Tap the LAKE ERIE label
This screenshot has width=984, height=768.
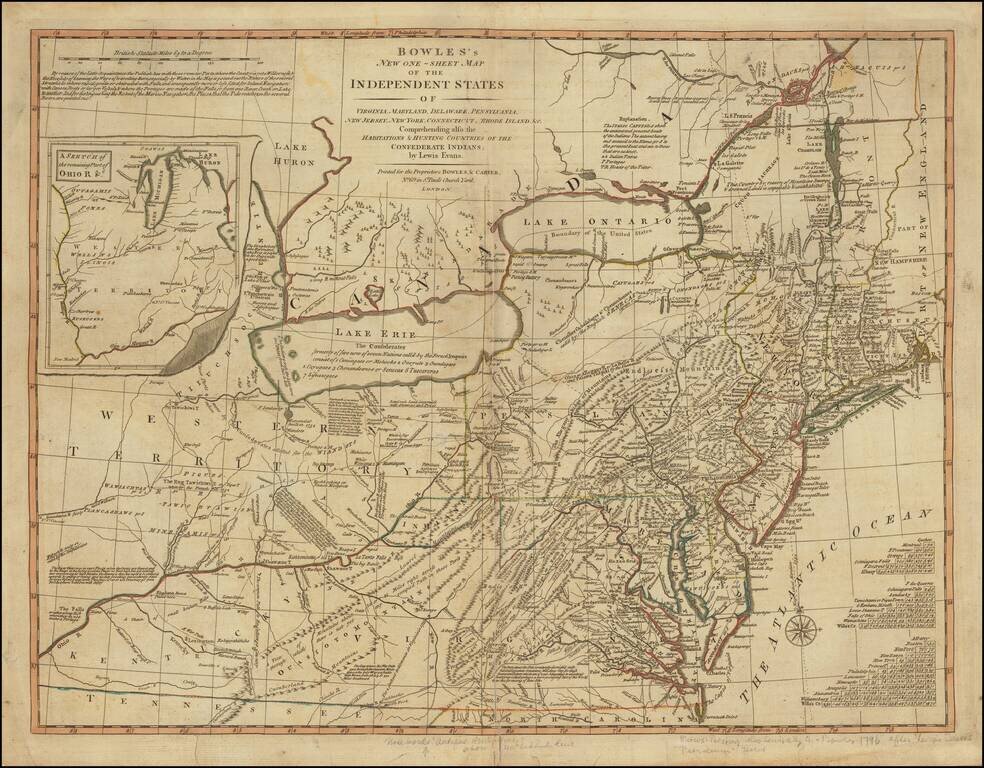pyautogui.click(x=368, y=332)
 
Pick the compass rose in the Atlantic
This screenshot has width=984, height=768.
pyautogui.click(x=799, y=630)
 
